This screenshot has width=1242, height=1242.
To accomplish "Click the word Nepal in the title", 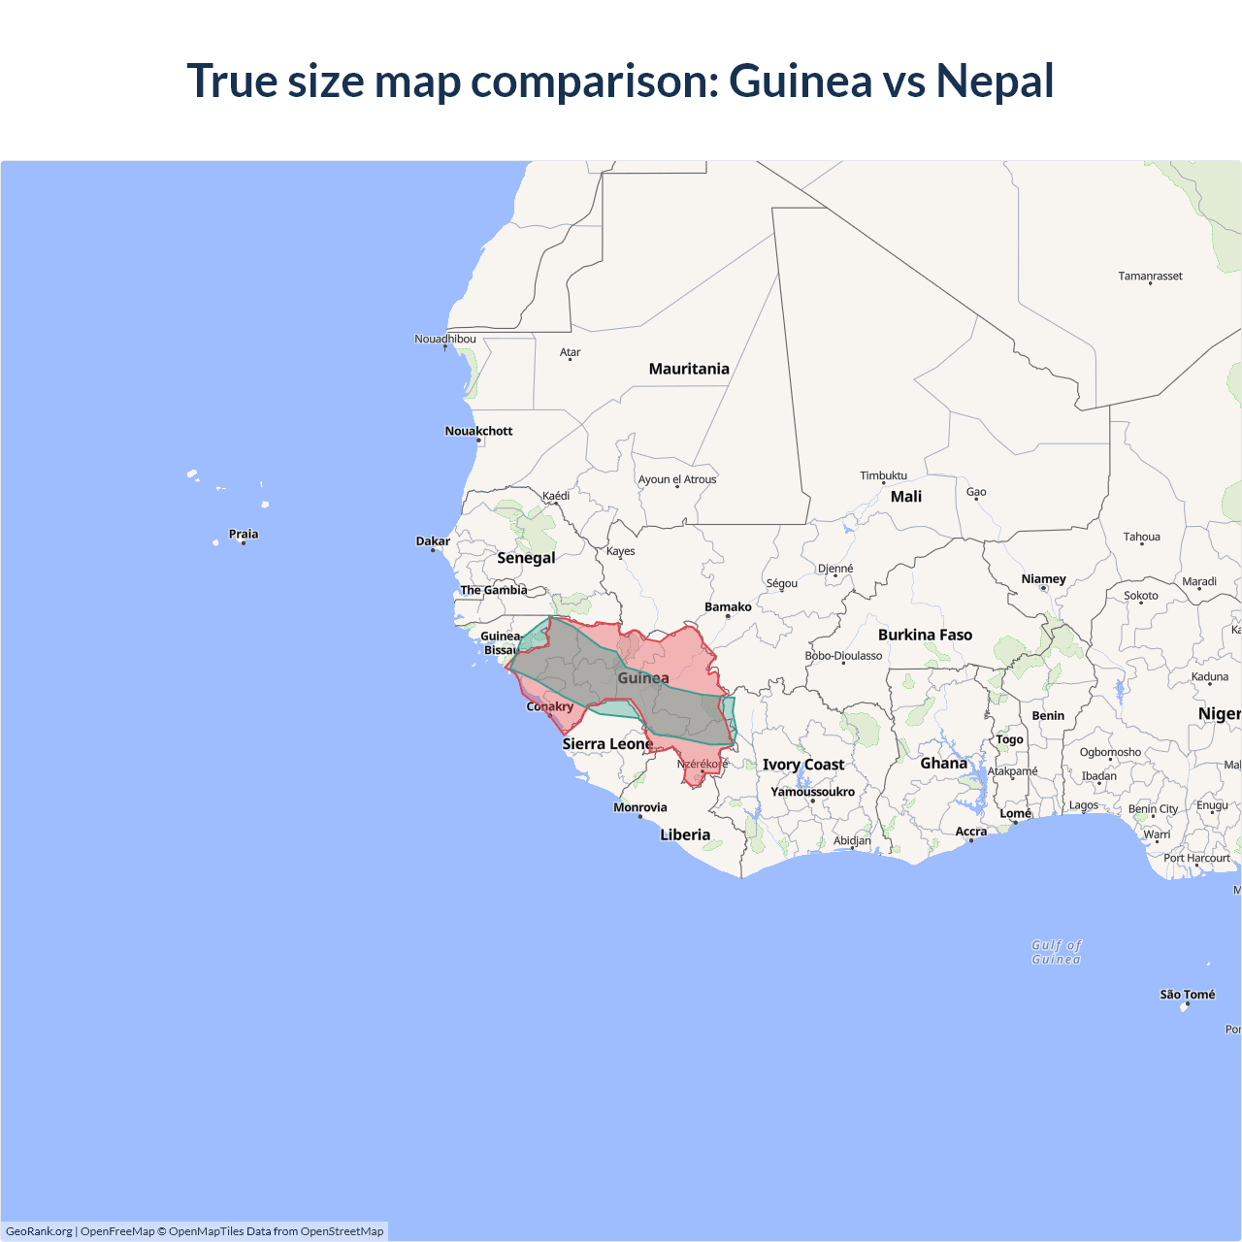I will (x=995, y=81).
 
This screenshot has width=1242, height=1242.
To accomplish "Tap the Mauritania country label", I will (x=689, y=369).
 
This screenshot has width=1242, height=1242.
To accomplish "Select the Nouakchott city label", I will (x=478, y=431).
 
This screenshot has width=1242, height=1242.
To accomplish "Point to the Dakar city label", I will (x=433, y=541).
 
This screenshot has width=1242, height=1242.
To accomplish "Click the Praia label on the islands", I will (x=244, y=534).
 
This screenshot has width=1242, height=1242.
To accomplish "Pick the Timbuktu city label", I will (x=883, y=475).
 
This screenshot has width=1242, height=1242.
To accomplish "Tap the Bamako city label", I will (x=728, y=607).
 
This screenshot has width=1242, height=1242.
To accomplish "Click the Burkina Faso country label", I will (x=925, y=635).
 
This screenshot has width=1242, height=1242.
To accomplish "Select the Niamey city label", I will (x=1043, y=579).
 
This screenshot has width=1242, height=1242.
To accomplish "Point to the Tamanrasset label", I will (x=1150, y=277).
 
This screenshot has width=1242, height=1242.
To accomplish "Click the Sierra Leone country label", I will (x=607, y=744).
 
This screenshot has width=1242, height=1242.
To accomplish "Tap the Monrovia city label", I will (x=640, y=807).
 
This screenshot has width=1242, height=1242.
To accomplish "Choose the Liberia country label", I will (x=685, y=834).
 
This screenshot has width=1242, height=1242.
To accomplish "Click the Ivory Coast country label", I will (x=803, y=765).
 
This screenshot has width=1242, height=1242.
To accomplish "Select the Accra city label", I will (x=971, y=832).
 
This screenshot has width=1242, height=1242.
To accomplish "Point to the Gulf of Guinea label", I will (x=1056, y=952).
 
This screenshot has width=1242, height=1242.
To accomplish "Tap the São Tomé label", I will (x=1187, y=995).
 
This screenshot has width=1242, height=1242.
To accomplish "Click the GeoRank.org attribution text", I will (x=39, y=1231).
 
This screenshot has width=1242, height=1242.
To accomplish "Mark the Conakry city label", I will (x=549, y=706).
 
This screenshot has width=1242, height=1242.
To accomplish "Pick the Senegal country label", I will (x=526, y=558).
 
